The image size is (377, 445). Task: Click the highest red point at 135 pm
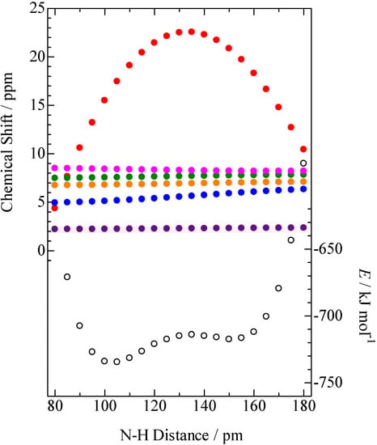point(192,32)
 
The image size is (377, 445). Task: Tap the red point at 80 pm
point(55,208)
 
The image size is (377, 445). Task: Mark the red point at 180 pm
point(303,149)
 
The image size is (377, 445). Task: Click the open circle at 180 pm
point(303,163)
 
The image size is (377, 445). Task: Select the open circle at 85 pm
point(67,277)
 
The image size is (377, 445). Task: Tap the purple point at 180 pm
point(303,227)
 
